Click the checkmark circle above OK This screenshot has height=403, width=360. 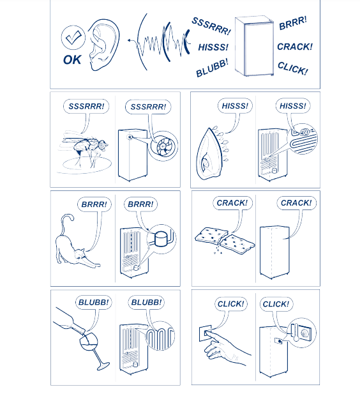click(73, 38)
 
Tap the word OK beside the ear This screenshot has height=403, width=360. click(72, 60)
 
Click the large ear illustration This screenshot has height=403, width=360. click(103, 45)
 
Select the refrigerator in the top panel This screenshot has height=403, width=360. click(254, 46)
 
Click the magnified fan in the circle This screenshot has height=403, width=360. click(163, 147)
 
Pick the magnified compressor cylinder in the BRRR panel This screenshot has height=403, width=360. click(161, 239)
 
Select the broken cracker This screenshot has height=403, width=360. click(225, 241)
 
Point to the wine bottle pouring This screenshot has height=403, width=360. click(69, 321)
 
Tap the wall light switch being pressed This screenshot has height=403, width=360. click(206, 333)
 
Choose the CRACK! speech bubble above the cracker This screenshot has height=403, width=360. click(232, 203)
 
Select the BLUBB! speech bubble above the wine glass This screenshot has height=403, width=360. click(93, 302)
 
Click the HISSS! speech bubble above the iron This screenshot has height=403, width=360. click(235, 106)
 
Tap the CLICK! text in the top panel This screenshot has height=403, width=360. click(293, 68)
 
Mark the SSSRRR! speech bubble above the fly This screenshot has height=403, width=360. click(86, 106)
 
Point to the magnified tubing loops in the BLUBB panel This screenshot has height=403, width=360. click(160, 336)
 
